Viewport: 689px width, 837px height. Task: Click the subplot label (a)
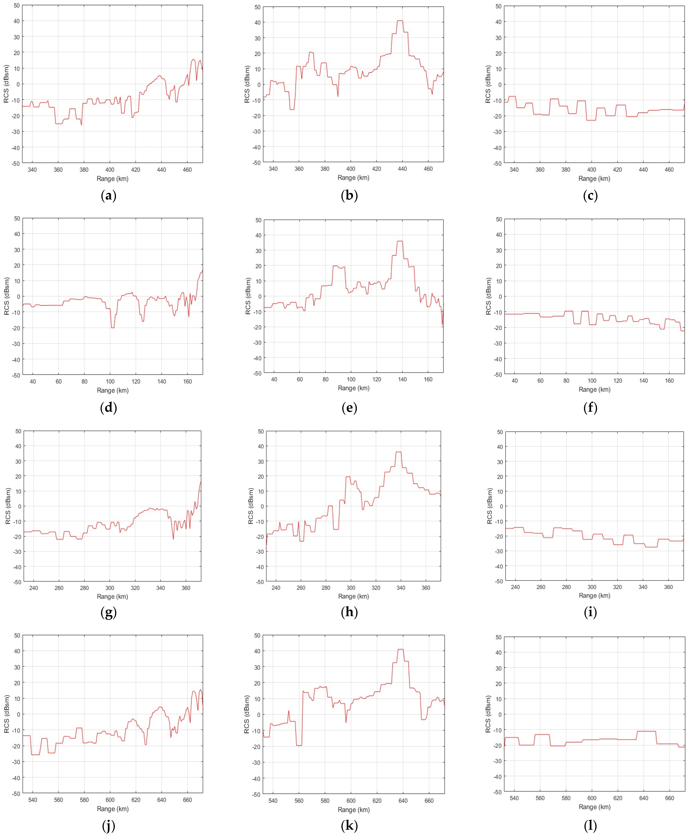pos(108,196)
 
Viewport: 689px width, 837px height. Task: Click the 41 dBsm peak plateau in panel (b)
pos(400,21)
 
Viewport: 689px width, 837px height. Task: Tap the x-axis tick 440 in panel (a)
pos(161,170)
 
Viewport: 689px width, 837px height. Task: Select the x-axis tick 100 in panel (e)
pos(351,379)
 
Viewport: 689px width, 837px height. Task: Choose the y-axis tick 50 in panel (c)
pos(498,6)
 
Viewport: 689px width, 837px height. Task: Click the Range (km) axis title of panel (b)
pos(353,178)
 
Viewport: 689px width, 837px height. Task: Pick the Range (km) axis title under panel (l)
pos(594,807)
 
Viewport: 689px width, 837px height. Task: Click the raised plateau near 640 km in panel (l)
pos(646,731)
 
